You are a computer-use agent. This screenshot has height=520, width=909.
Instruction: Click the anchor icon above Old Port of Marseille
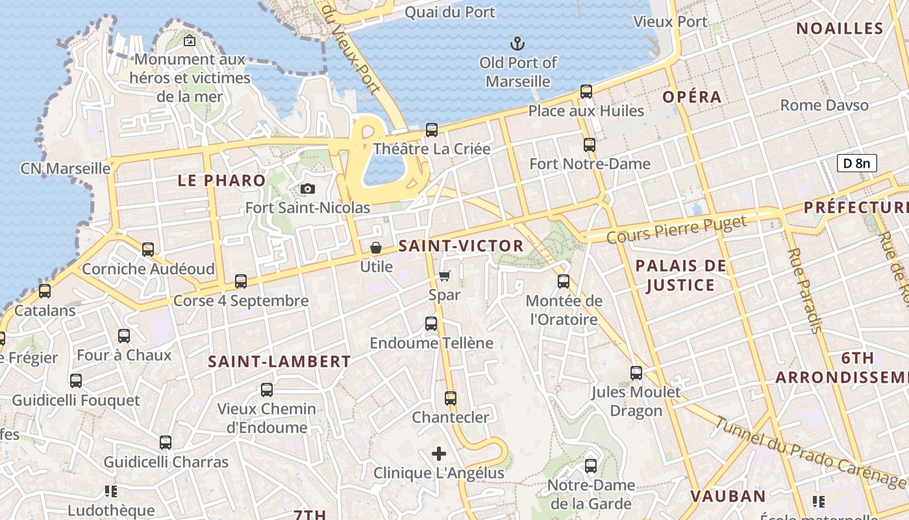pos(517,44)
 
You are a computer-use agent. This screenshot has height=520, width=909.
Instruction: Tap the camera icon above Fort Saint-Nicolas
pos(308,189)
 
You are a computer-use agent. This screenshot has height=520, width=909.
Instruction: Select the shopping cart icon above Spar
pos(445,276)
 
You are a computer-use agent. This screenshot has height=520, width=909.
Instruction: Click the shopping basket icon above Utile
pos(376,248)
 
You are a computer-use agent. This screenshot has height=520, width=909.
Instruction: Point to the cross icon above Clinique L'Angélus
pos(439,453)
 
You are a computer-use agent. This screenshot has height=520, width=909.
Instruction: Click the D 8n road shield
pos(856,163)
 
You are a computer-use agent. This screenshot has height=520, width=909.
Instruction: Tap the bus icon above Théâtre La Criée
pos(432,129)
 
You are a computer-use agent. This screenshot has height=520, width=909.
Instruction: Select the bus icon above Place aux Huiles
pos(586,92)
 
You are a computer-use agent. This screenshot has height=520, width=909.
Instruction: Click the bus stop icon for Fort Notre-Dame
pos(590,145)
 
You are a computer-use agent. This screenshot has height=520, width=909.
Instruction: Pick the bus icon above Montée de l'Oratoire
pos(564,281)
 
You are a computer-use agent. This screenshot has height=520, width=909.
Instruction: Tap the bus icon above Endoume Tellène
pos(431,324)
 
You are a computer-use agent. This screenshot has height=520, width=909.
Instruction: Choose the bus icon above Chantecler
pos(451,398)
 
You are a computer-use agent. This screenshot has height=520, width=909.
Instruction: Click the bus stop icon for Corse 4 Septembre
pos(241,281)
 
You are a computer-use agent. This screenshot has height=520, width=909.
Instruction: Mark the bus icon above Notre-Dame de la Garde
pos(591,466)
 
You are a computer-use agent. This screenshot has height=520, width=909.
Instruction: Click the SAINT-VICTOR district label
pos(461,246)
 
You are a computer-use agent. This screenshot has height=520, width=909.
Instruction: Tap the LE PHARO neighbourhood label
pos(221,181)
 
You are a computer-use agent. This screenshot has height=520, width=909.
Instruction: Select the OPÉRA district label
pos(692,97)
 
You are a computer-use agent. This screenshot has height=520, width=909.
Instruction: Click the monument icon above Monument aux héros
pos(189,40)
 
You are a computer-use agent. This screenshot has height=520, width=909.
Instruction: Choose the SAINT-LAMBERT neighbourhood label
pos(279,362)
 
